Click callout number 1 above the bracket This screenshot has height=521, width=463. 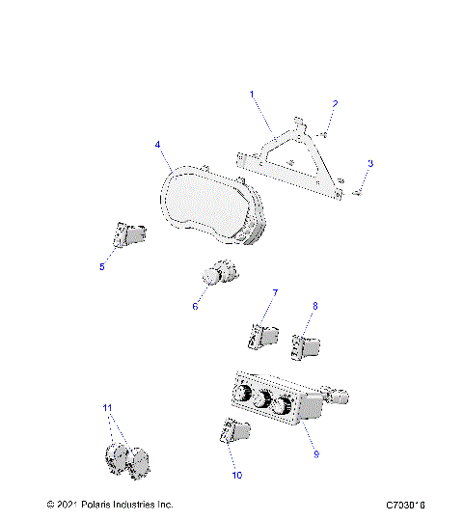coord(253,95)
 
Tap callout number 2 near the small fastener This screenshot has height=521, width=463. coord(335,103)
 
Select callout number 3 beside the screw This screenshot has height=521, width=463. coord(369,163)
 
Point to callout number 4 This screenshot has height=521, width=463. coord(157,146)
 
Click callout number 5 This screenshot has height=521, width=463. coord(102,267)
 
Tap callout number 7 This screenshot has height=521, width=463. coord(274,292)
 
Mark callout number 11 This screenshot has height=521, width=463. coord(107,408)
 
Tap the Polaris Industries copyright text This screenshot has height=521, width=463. coord(109,505)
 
